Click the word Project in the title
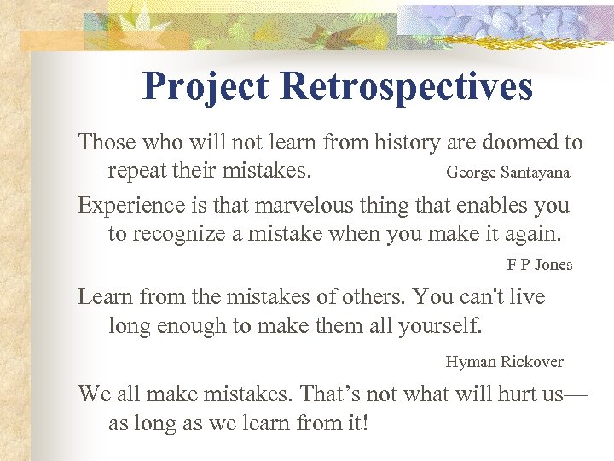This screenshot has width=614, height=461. (206, 87)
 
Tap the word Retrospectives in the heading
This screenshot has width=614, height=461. (407, 87)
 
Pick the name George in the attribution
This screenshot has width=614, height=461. (470, 172)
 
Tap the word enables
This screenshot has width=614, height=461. (483, 206)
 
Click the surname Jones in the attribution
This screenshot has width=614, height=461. (553, 265)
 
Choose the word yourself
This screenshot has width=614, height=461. (441, 325)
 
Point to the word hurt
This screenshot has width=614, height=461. (515, 394)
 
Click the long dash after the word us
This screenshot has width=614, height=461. (576, 394)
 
